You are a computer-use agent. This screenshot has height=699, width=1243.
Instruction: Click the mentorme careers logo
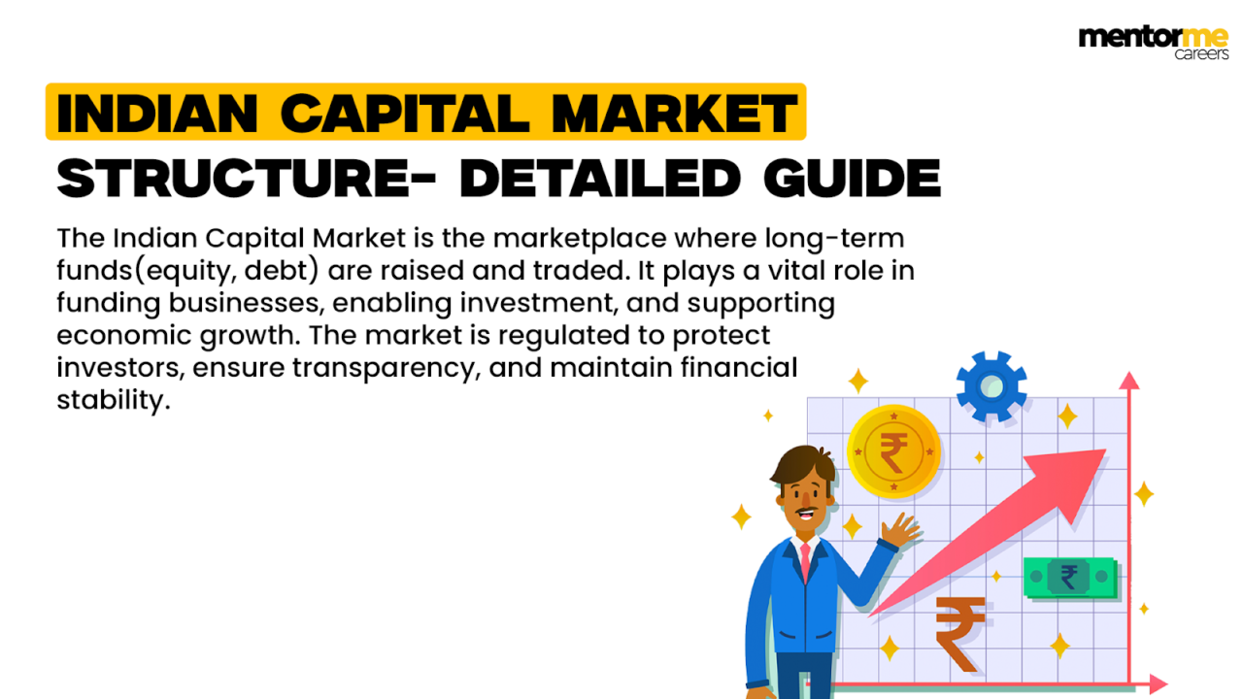tap(1154, 42)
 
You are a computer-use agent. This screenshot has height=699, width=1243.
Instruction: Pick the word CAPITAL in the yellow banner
tap(409, 114)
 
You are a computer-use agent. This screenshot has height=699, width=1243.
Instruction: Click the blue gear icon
tap(991, 386)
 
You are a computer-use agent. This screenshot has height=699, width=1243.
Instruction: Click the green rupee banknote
tap(1069, 578)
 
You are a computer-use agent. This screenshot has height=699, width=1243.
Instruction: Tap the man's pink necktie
tap(805, 564)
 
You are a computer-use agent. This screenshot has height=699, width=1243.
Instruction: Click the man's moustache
tap(805, 509)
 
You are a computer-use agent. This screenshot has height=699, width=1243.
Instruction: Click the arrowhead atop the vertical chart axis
tap(1128, 381)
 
